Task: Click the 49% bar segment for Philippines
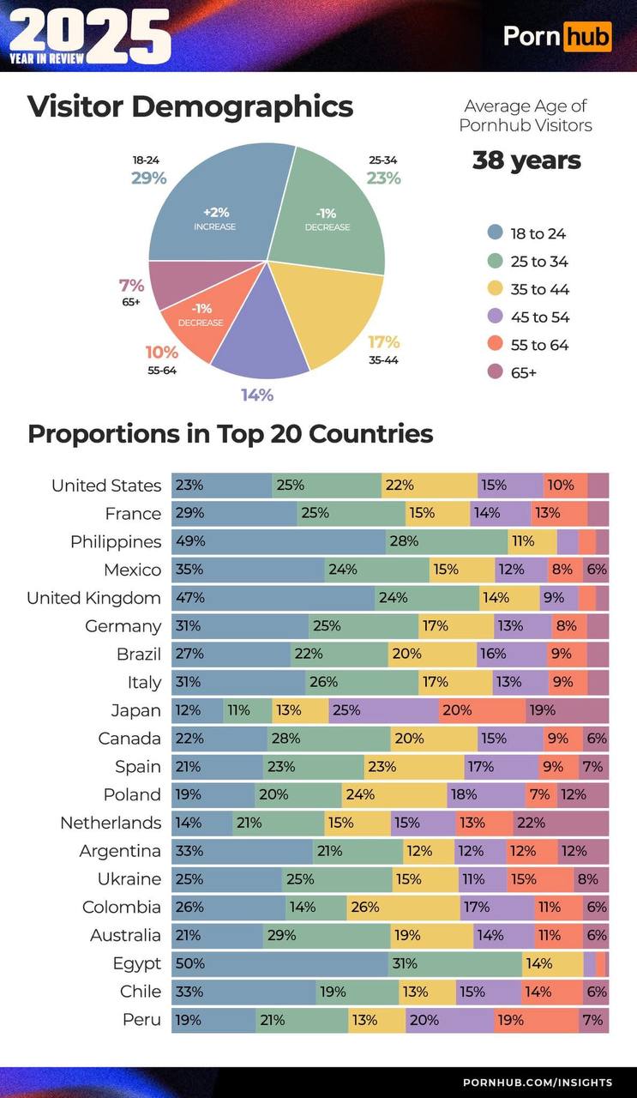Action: (x=279, y=542)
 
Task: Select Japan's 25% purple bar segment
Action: (x=383, y=710)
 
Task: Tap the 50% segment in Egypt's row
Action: (x=279, y=963)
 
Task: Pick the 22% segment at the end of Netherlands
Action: (x=561, y=823)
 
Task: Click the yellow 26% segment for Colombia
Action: (x=403, y=907)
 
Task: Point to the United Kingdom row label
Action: (x=93, y=598)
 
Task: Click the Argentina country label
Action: (x=120, y=851)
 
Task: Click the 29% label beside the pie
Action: (x=148, y=178)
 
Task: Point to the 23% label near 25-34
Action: (x=383, y=178)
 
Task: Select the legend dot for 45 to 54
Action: (x=494, y=317)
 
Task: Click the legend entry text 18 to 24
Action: (x=538, y=233)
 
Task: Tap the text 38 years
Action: (x=526, y=160)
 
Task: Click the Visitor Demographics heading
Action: (x=190, y=106)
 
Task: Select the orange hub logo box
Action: (x=587, y=36)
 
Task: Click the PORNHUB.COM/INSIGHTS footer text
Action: (x=538, y=1083)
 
